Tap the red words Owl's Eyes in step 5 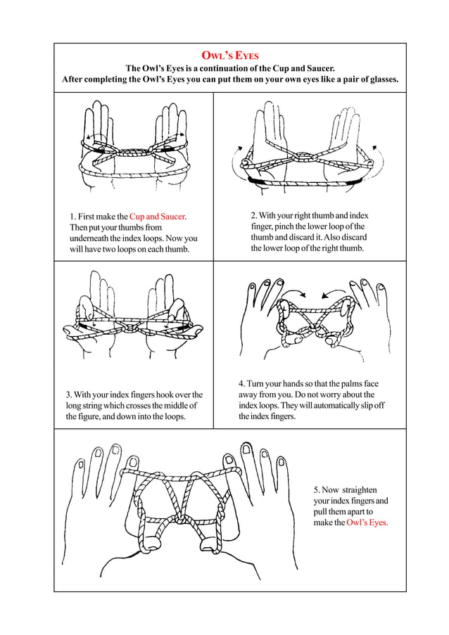[367, 522]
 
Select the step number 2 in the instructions [254, 215]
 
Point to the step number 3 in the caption [68, 395]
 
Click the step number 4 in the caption [241, 384]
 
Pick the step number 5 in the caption [316, 489]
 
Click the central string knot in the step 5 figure [185, 521]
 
